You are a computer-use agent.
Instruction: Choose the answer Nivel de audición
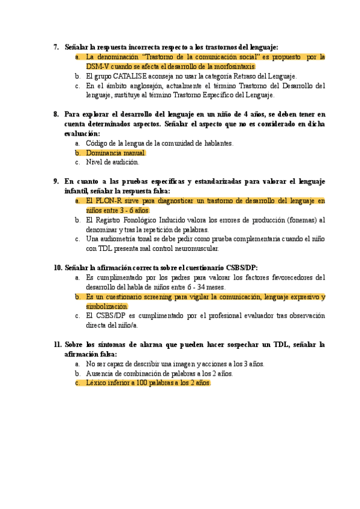click(x=112, y=162)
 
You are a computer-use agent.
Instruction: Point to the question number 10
click(x=58, y=267)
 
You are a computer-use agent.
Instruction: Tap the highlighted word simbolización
click(x=107, y=306)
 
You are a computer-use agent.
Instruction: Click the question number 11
click(x=58, y=345)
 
